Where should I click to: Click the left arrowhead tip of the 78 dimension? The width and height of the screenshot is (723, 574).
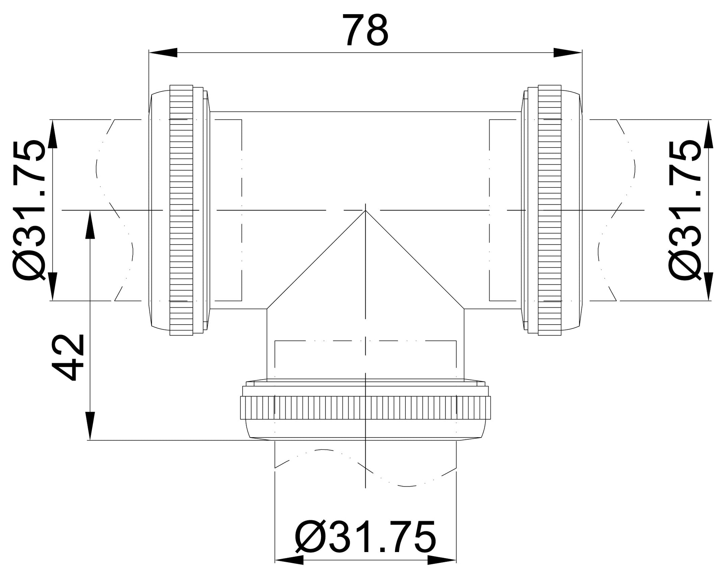pyautogui.click(x=149, y=52)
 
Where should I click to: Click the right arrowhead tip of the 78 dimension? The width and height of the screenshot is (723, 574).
pyautogui.click(x=582, y=52)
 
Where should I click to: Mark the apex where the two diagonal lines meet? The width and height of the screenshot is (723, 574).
pyautogui.click(x=366, y=210)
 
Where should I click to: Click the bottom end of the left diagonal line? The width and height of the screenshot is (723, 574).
pyautogui.click(x=267, y=309)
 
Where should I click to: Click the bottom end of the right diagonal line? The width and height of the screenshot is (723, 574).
pyautogui.click(x=464, y=309)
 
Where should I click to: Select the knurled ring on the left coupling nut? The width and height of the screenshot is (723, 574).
pyautogui.click(x=181, y=210)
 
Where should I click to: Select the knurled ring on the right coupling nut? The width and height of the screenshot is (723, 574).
pyautogui.click(x=549, y=210)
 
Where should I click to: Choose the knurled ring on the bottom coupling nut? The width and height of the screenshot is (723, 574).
pyautogui.click(x=366, y=408)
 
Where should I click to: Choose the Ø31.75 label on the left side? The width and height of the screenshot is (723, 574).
pyautogui.click(x=29, y=210)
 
